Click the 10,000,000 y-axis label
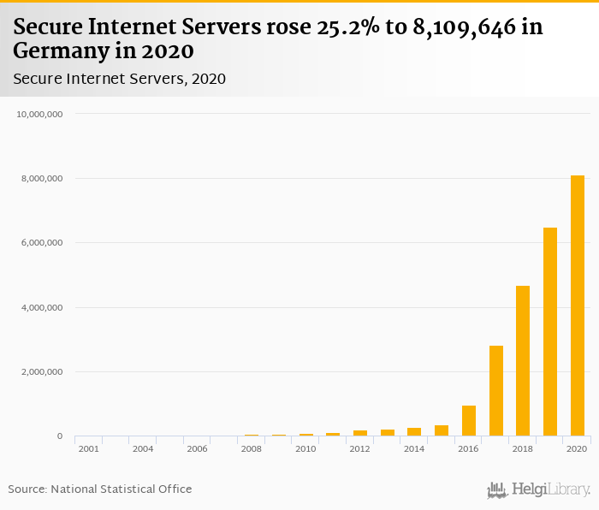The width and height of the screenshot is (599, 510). (39, 114)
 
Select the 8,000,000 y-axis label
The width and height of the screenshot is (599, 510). (42, 179)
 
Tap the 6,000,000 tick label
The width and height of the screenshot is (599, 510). (42, 243)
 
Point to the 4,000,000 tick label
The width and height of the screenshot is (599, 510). (42, 307)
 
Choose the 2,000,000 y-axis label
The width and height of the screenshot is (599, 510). (42, 372)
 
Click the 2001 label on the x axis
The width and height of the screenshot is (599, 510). (88, 448)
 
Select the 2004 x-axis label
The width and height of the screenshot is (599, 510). (143, 448)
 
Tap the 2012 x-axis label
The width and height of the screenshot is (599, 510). (360, 448)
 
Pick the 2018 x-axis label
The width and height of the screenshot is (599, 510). (523, 448)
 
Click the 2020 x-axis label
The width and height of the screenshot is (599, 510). (578, 448)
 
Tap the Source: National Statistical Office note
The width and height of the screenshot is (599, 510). (100, 489)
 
